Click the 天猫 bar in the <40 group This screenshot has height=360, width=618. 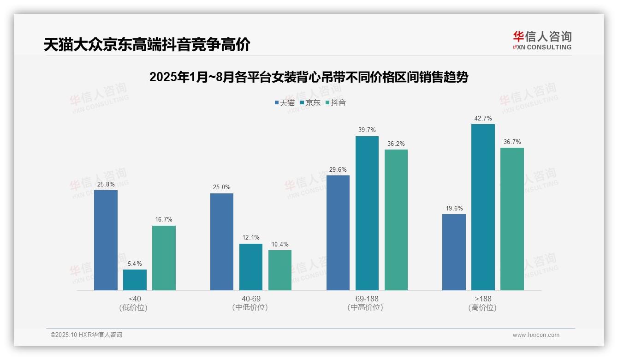pyautogui.click(x=106, y=240)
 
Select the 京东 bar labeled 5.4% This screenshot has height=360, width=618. pyautogui.click(x=135, y=280)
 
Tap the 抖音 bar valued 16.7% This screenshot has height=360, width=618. pyautogui.click(x=164, y=258)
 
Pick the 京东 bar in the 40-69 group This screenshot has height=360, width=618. pyautogui.click(x=251, y=267)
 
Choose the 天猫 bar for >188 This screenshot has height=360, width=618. pyautogui.click(x=454, y=252)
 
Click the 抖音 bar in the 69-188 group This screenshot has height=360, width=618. pyautogui.click(x=396, y=220)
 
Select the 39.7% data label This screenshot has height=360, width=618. pyautogui.click(x=367, y=130)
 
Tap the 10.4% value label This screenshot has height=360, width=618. pyautogui.click(x=280, y=245)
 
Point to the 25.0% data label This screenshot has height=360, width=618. pyautogui.click(x=222, y=187)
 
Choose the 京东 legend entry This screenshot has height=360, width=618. pyautogui.click(x=310, y=102)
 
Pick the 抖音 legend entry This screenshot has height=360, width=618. pyautogui.click(x=336, y=102)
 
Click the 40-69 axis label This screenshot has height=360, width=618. pyautogui.click(x=251, y=299)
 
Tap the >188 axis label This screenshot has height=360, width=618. pyautogui.click(x=483, y=299)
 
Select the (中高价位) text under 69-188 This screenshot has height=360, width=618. pyautogui.click(x=365, y=307)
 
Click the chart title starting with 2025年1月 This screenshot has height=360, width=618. pyautogui.click(x=309, y=77)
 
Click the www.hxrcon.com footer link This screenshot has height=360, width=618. pyautogui.click(x=536, y=335)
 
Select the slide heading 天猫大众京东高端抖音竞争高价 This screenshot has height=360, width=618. pyautogui.click(x=147, y=45)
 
